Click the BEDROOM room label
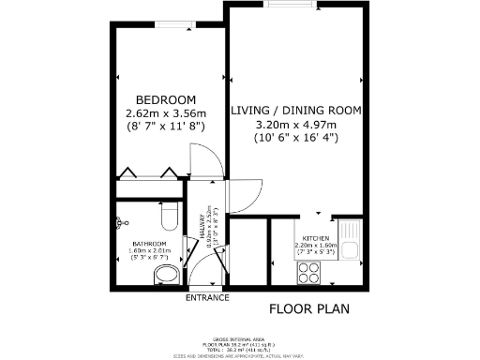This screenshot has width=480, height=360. click(165, 100)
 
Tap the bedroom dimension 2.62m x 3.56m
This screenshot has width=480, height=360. click(165, 114)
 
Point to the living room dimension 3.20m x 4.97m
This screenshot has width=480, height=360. click(295, 124)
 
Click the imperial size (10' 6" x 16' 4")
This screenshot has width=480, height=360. click(295, 138)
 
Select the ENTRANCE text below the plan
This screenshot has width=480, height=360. click(206, 298)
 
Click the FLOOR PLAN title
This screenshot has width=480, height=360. click(308, 307)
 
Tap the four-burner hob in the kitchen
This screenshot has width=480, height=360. click(308, 272)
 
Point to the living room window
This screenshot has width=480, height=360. click(291, 4)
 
